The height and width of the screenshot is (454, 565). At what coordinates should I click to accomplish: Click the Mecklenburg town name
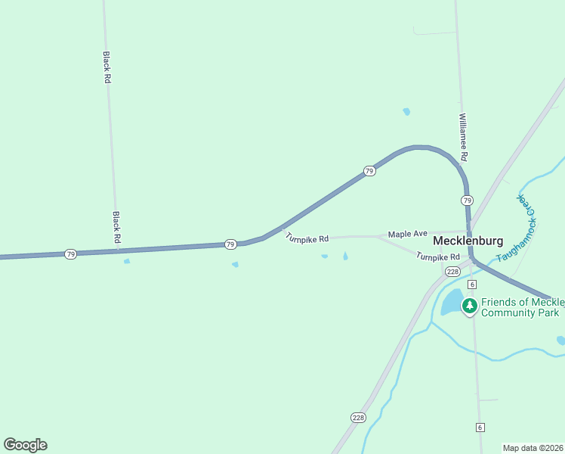[x=468, y=241]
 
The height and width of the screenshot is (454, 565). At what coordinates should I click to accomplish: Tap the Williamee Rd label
[x=463, y=137]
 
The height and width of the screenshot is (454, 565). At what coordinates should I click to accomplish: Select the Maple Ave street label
[x=408, y=235]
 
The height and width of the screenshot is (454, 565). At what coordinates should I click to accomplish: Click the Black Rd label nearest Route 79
[x=116, y=227]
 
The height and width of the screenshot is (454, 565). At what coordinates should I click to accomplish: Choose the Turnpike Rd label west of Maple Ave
[x=307, y=238]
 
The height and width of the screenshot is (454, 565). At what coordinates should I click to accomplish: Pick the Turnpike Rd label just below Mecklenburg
[x=437, y=257]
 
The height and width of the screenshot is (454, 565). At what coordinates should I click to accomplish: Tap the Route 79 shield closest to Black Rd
[x=70, y=254]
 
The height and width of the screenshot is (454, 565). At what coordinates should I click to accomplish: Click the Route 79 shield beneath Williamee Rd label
[x=467, y=201]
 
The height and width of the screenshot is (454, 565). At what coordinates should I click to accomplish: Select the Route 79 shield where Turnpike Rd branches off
[x=230, y=244]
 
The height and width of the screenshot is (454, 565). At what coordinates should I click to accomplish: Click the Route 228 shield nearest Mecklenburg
[x=452, y=272]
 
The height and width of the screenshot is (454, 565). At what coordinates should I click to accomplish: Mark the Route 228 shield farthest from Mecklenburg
[x=358, y=417]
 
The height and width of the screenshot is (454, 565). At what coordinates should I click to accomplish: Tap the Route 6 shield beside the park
[x=472, y=284]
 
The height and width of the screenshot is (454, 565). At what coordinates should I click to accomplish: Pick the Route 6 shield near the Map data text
[x=480, y=428]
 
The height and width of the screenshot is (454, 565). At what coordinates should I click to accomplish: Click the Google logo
[x=25, y=445]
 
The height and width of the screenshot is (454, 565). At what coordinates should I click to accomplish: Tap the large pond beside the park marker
[x=451, y=303]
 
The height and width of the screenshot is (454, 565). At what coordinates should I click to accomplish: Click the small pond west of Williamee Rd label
[x=406, y=112]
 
